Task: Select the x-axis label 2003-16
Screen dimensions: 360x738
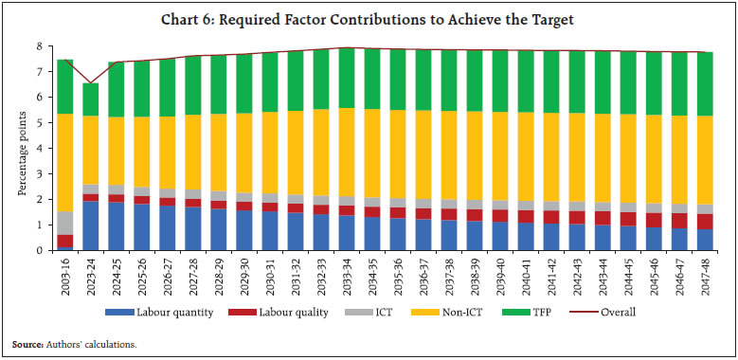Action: click(65, 276)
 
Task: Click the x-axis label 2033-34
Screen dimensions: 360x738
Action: click(347, 276)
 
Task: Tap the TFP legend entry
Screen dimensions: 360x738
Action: click(541, 312)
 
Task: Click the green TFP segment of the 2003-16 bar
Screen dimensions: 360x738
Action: click(65, 86)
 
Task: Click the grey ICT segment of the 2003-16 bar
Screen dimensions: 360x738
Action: click(65, 223)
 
